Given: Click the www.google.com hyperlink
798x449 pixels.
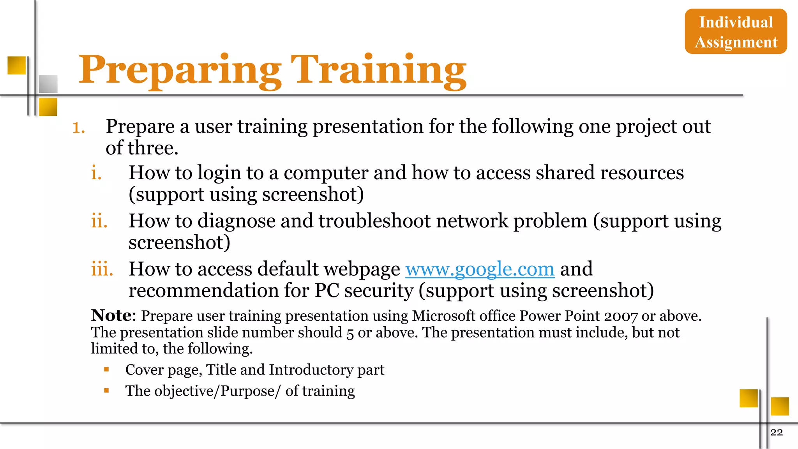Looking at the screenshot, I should [x=480, y=269].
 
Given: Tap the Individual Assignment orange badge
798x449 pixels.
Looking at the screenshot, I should [x=736, y=32].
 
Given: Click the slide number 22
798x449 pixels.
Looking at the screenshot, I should [x=776, y=432].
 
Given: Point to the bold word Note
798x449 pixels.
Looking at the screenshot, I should [x=111, y=315].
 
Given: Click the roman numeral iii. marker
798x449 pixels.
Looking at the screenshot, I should [x=102, y=269].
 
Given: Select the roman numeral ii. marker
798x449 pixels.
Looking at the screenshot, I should [x=99, y=221].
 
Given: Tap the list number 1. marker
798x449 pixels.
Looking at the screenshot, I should [x=79, y=127].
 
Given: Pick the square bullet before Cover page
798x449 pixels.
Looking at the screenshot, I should [x=106, y=369].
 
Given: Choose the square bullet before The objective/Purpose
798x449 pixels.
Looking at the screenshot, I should [x=106, y=390].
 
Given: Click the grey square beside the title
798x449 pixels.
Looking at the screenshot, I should [x=48, y=84].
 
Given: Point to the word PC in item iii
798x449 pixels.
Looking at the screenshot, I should [x=327, y=291].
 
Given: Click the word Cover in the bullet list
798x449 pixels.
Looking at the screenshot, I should [x=144, y=369].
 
